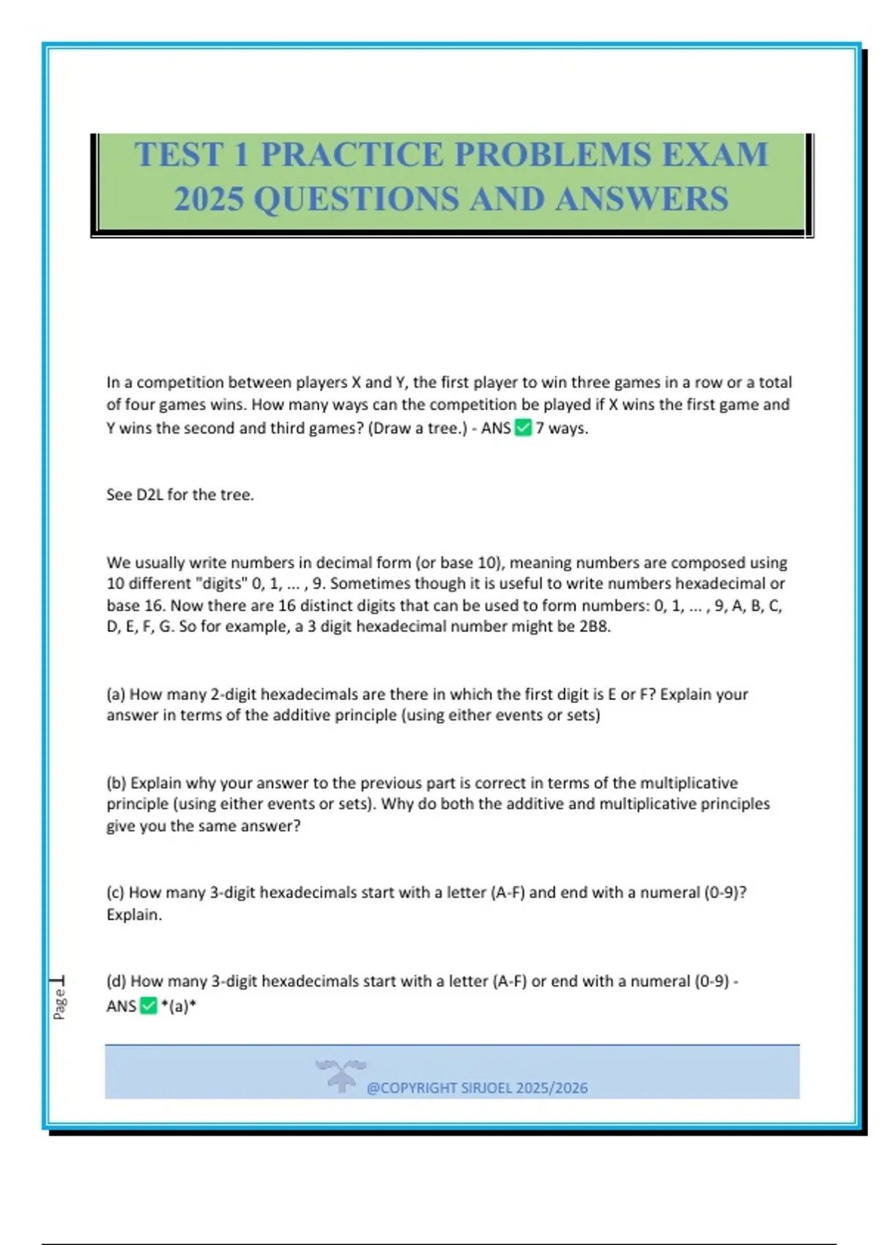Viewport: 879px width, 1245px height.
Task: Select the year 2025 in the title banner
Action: (x=209, y=199)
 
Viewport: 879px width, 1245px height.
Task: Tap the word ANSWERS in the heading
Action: (x=642, y=199)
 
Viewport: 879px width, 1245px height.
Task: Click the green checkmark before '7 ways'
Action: (x=523, y=428)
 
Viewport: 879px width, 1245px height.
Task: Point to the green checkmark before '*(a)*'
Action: (x=149, y=1006)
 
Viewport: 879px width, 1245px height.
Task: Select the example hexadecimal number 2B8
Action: (x=594, y=626)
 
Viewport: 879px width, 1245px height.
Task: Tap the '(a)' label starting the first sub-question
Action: (x=116, y=694)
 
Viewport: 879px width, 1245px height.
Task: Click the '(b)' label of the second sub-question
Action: (x=116, y=782)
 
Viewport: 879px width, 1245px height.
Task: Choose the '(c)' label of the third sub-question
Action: (x=116, y=892)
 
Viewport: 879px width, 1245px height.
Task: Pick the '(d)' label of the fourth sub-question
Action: (x=116, y=981)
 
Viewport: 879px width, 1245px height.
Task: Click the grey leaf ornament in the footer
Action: (x=341, y=1074)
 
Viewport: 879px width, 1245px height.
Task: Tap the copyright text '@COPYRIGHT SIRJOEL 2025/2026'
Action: (x=477, y=1088)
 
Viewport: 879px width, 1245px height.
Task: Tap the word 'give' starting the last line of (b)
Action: (x=121, y=825)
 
